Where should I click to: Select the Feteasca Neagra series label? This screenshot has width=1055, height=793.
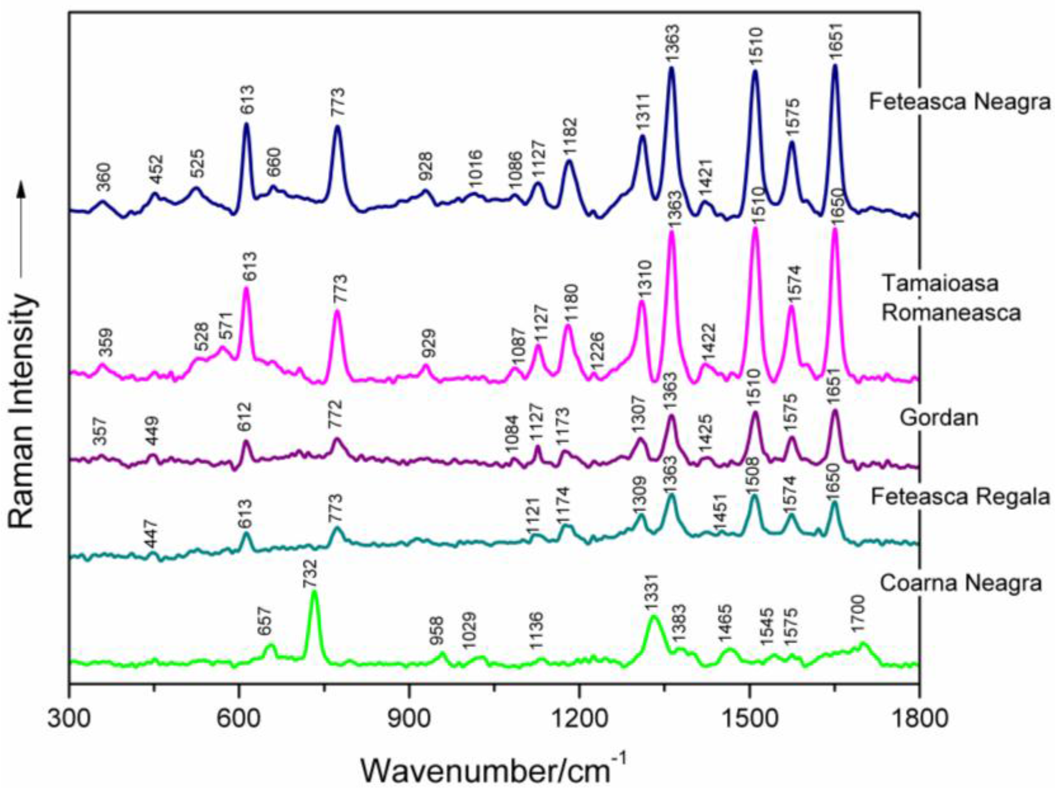959,102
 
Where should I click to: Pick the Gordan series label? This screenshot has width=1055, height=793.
939,418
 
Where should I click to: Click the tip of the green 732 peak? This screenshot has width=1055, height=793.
314,592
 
